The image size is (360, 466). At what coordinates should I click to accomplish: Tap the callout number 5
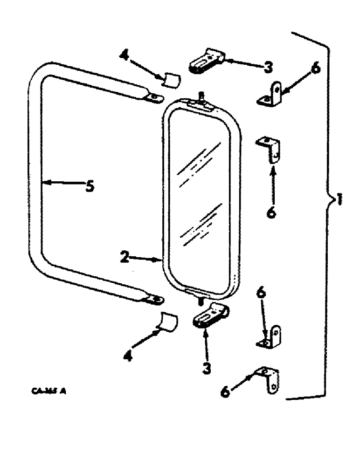(90, 186)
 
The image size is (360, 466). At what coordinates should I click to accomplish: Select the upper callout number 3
(267, 67)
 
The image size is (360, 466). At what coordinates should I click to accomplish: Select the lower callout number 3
(206, 367)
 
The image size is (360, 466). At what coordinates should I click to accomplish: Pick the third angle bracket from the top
(270, 337)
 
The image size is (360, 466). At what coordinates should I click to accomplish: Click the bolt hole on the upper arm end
(154, 97)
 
